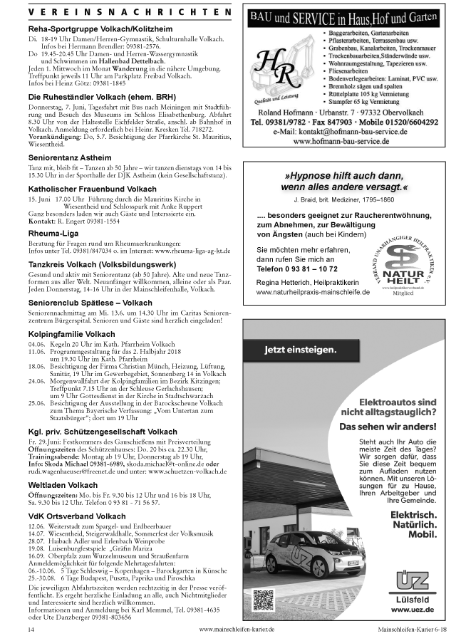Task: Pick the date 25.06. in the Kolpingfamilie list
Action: (37, 402)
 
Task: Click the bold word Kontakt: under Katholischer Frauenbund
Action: (42, 220)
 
